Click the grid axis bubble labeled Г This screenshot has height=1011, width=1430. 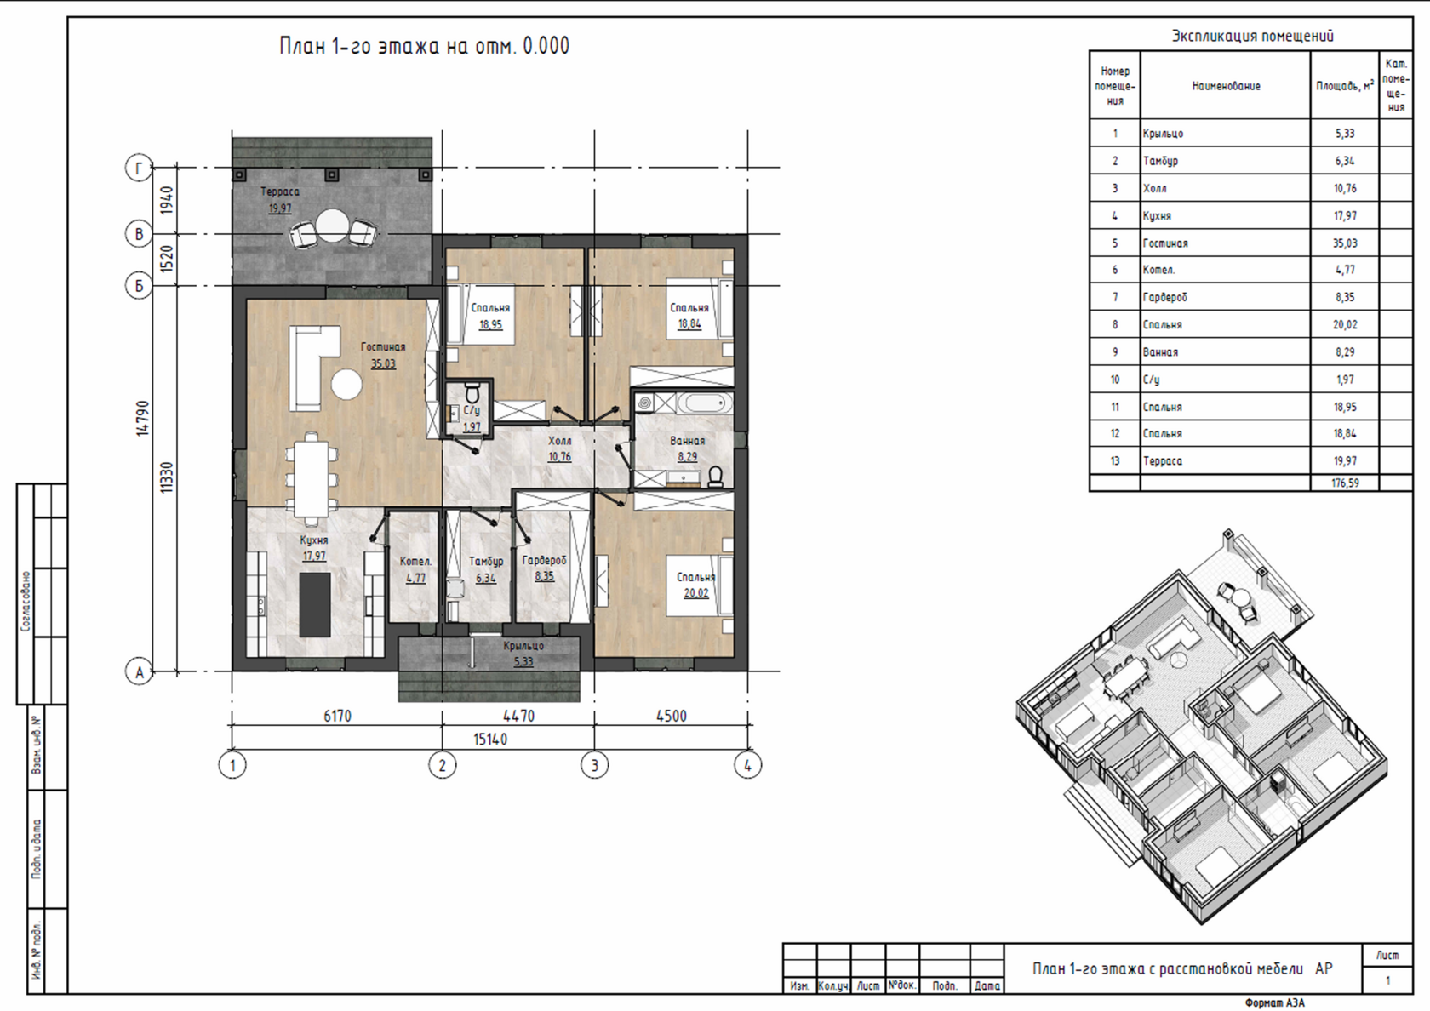(x=140, y=168)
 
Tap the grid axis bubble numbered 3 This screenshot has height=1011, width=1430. (x=594, y=764)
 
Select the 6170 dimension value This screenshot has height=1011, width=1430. (x=337, y=717)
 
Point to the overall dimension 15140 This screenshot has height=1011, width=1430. (x=490, y=739)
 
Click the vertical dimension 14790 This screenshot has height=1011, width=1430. (x=142, y=418)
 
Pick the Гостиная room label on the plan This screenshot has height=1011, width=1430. (x=383, y=347)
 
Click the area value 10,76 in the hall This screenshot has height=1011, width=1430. (x=560, y=457)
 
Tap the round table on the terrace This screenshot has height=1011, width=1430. (x=333, y=226)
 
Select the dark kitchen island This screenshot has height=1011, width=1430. (x=315, y=604)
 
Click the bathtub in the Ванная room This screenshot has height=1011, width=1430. (x=705, y=403)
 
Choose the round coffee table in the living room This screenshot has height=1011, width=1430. (x=346, y=385)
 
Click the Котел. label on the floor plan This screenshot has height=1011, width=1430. (x=415, y=562)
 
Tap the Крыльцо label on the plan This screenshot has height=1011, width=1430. (x=523, y=646)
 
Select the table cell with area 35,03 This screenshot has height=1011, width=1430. (x=1345, y=243)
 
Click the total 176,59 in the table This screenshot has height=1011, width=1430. (x=1345, y=483)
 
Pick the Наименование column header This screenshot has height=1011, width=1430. (x=1226, y=86)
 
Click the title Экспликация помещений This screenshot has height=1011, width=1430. (x=1252, y=37)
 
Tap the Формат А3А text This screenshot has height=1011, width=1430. (x=1275, y=1002)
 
